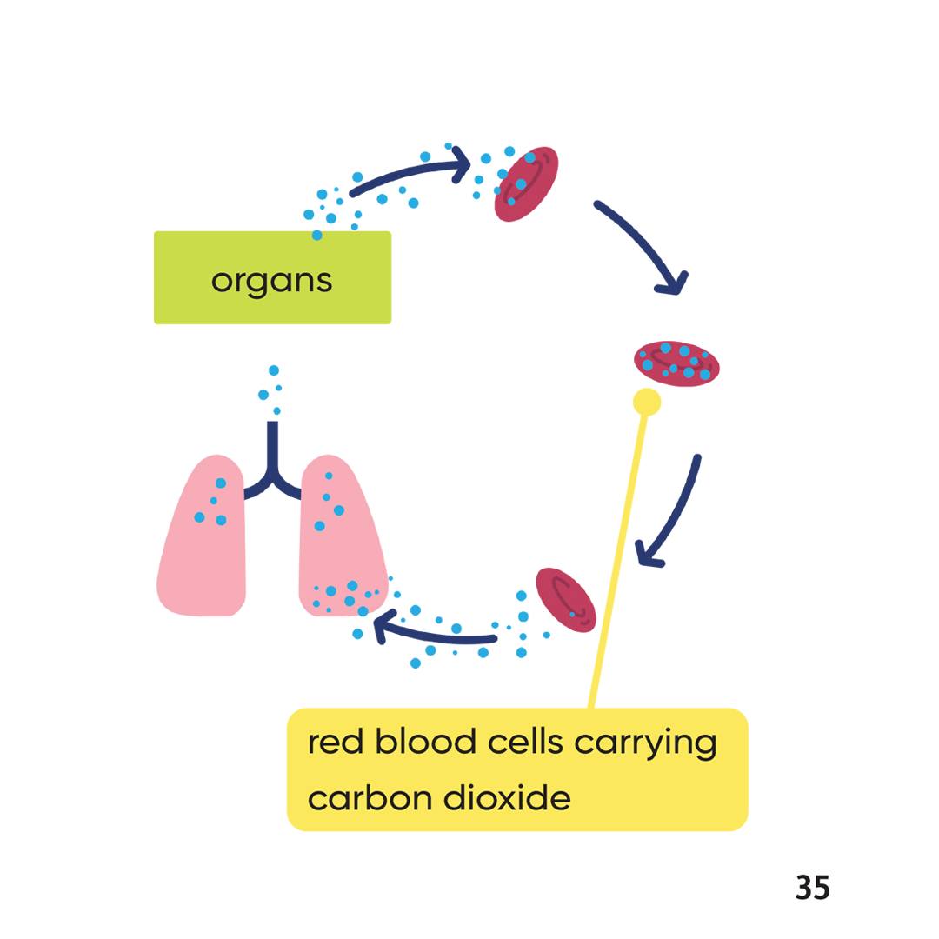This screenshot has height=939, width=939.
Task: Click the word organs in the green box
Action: (x=271, y=280)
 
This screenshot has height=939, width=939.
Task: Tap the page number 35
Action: (x=812, y=888)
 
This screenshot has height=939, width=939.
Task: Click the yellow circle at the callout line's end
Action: (x=647, y=402)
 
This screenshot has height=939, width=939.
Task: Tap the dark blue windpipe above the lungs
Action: (x=273, y=452)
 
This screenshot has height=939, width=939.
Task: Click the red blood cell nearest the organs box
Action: (x=527, y=184)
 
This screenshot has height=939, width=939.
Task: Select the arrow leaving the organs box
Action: (x=409, y=174)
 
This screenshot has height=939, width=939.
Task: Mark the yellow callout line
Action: (x=618, y=556)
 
